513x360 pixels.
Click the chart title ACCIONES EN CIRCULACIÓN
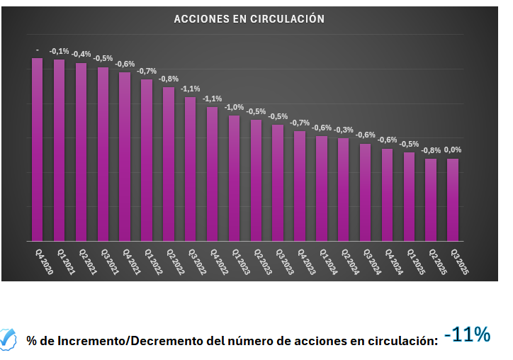click(x=249, y=19)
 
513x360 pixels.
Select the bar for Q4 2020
click(x=38, y=149)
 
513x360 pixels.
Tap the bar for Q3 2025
click(x=452, y=199)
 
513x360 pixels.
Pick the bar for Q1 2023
click(x=234, y=178)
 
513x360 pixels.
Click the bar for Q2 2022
click(x=169, y=164)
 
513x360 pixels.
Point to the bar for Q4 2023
click(x=300, y=186)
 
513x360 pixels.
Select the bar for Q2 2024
click(x=343, y=189)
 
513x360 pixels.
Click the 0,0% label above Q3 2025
click(x=452, y=150)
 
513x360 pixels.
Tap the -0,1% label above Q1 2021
click(x=60, y=51)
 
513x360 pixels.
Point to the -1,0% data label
click(x=234, y=107)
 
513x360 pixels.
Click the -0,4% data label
click(x=81, y=55)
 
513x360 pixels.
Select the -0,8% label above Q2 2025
click(x=430, y=150)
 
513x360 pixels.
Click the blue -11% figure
click(x=467, y=334)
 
